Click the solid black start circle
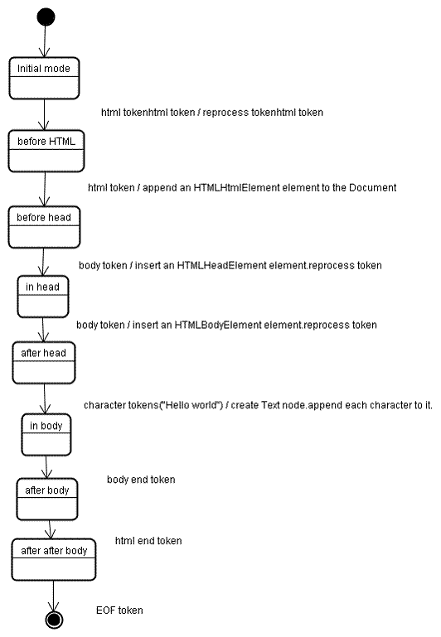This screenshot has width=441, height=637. click(46, 17)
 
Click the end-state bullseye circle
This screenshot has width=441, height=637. click(55, 619)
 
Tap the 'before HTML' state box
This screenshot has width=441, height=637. click(46, 150)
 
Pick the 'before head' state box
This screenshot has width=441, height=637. click(45, 226)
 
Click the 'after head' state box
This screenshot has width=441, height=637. click(43, 362)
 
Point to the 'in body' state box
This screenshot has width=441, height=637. click(46, 434)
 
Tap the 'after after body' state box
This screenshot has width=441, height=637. click(54, 559)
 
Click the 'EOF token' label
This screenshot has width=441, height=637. click(119, 610)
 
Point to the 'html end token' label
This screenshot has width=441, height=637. click(148, 541)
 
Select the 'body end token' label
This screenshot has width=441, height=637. click(141, 480)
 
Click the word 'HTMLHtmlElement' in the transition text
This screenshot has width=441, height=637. click(232, 188)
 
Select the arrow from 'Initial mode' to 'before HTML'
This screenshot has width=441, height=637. click(45, 113)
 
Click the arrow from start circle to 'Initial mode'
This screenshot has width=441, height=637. click(46, 41)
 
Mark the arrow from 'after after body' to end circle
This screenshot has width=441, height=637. click(55, 595)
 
